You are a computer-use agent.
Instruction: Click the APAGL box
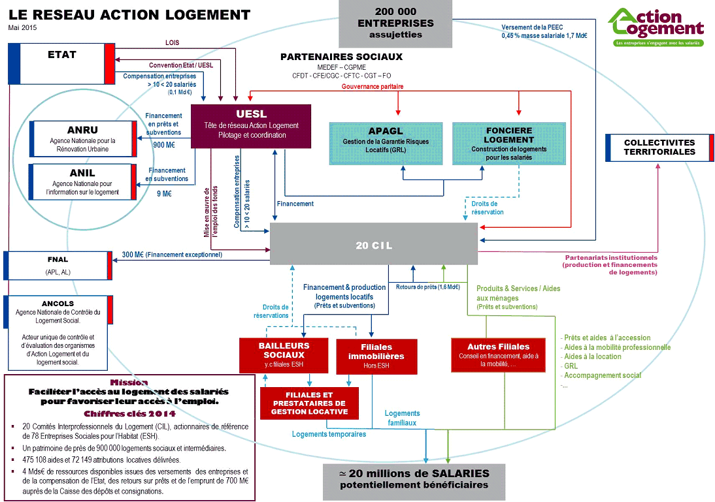tap(384, 140)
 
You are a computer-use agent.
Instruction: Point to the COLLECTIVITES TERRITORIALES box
tap(659, 147)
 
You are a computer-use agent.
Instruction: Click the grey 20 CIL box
tap(374, 245)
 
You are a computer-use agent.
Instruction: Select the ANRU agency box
tap(83, 139)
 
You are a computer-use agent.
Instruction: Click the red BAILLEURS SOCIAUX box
tap(284, 354)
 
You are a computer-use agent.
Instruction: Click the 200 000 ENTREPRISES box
tap(395, 24)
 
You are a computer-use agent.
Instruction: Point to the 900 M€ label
tap(163, 146)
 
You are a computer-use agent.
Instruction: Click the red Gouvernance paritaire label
tap(373, 86)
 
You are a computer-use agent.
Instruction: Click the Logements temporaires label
tap(329, 434)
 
